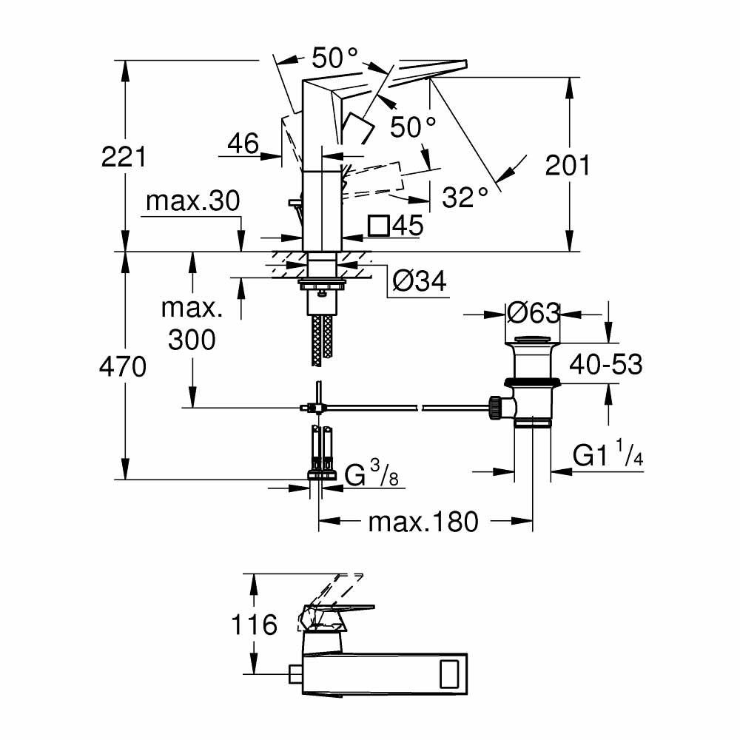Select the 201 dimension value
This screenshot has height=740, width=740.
pos(568,165)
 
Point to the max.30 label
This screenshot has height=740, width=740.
pos(193,201)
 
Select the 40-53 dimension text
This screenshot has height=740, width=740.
pos(605,364)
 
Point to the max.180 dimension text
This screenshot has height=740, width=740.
pos(423,522)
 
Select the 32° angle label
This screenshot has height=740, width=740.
pos(465,197)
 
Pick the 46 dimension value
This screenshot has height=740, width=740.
pos(243,144)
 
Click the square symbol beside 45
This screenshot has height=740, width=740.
pos(379,226)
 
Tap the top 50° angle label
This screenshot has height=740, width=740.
pos(334,57)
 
